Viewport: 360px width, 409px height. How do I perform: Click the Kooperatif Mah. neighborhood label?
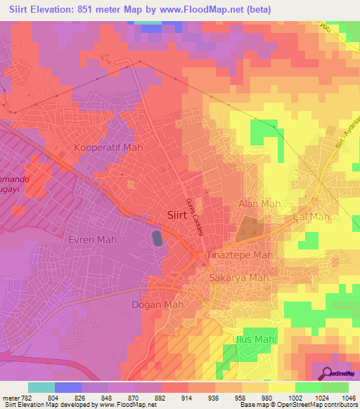(x=109, y=148)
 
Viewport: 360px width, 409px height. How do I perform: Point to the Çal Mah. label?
(x=311, y=217)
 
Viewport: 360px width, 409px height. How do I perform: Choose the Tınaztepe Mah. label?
(x=239, y=255)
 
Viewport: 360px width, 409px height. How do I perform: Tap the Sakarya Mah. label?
(x=240, y=278)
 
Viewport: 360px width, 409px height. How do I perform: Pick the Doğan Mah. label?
(x=158, y=304)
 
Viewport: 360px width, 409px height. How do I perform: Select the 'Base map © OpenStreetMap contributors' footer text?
(x=298, y=405)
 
